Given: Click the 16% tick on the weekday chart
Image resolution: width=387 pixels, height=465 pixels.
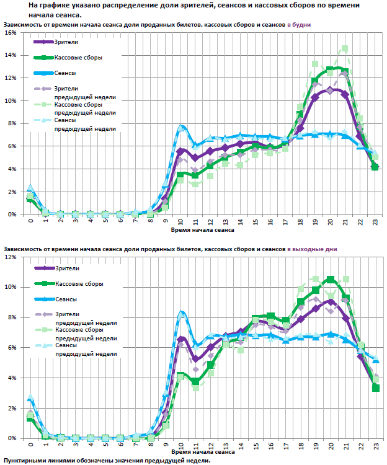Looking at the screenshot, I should [11, 32].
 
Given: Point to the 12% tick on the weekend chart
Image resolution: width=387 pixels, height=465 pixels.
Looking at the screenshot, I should [11, 257].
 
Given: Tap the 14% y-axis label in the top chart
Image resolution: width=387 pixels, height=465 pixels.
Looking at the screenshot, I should [11, 55].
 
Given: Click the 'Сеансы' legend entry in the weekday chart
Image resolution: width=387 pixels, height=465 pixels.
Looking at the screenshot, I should [66, 73].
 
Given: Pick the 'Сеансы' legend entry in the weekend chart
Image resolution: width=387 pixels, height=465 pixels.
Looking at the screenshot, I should [66, 299].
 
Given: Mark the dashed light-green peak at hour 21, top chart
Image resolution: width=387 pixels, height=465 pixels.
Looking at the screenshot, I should [345, 48].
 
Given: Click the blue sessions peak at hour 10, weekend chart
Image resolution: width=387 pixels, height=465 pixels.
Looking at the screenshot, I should [181, 314].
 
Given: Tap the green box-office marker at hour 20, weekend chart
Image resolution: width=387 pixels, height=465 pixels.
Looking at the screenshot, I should [330, 280].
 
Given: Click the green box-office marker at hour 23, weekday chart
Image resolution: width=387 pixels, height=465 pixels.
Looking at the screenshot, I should [375, 167].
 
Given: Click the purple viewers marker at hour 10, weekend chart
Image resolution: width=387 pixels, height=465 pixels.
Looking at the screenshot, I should [181, 339].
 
